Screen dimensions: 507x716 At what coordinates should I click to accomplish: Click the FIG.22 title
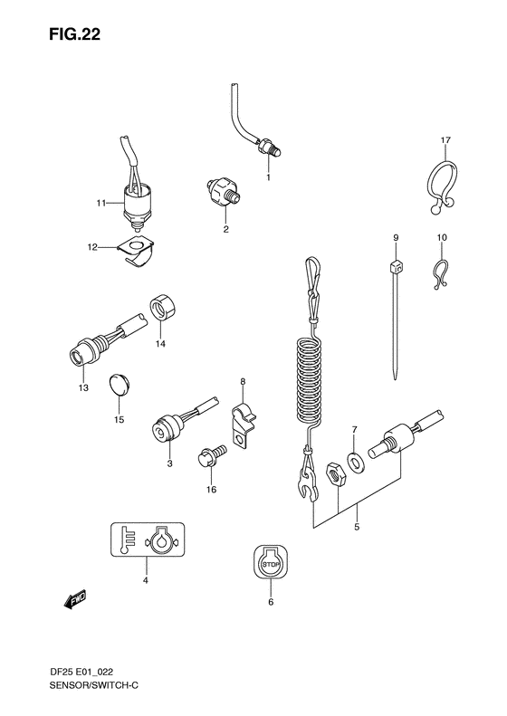[74, 34]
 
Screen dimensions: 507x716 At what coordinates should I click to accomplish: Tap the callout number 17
[445, 140]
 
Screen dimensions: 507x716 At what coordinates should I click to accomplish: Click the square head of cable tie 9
[397, 266]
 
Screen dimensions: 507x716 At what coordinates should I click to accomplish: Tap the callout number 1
[268, 177]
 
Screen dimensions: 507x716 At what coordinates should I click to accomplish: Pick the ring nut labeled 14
[163, 312]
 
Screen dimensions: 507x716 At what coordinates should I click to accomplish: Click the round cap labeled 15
[120, 387]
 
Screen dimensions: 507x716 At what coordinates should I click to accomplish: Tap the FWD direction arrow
[74, 600]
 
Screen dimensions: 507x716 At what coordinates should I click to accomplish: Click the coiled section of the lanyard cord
[311, 380]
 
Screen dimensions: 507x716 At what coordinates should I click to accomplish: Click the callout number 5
[357, 527]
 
